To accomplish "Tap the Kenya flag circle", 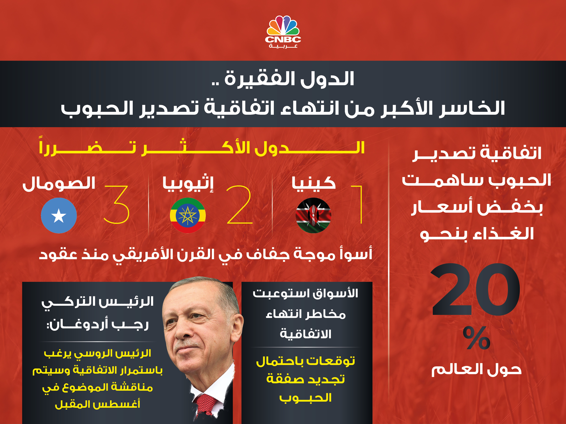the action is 313,215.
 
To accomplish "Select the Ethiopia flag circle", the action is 188,215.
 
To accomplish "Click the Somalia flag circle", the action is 59,215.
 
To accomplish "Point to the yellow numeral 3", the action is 116,204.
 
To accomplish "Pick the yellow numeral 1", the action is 357,204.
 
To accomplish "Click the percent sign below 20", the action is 476,338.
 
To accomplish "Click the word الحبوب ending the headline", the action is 97,108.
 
